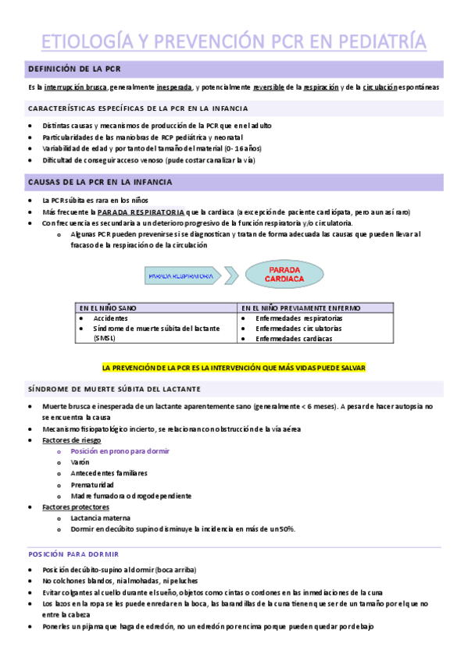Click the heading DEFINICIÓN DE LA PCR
[74, 69]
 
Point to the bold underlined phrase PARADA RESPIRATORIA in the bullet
[141, 212]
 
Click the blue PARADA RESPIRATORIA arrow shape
[184, 276]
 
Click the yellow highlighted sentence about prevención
[234, 367]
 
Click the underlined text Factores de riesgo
[73, 440]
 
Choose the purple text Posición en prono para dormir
[120, 451]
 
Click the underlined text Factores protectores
[76, 507]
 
